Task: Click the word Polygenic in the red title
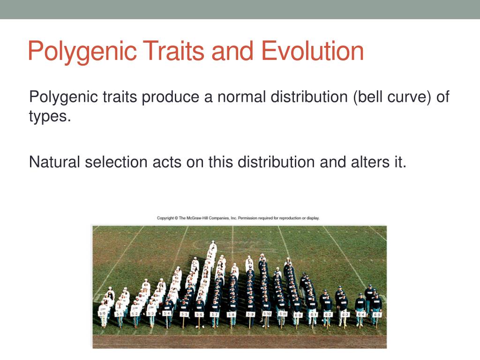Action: tap(80, 52)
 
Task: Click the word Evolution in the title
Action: tap(312, 51)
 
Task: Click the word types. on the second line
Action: tap(50, 116)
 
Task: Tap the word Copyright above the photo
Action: tap(165, 218)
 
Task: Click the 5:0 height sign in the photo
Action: tap(103, 313)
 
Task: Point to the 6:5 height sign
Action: tap(376, 315)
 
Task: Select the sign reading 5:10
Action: tap(267, 314)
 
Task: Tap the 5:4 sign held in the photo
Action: tap(166, 314)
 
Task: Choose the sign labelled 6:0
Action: tap(297, 315)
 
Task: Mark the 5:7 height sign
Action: tap(214, 314)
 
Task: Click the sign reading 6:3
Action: tap(345, 314)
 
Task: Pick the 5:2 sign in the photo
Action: tap(135, 314)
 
